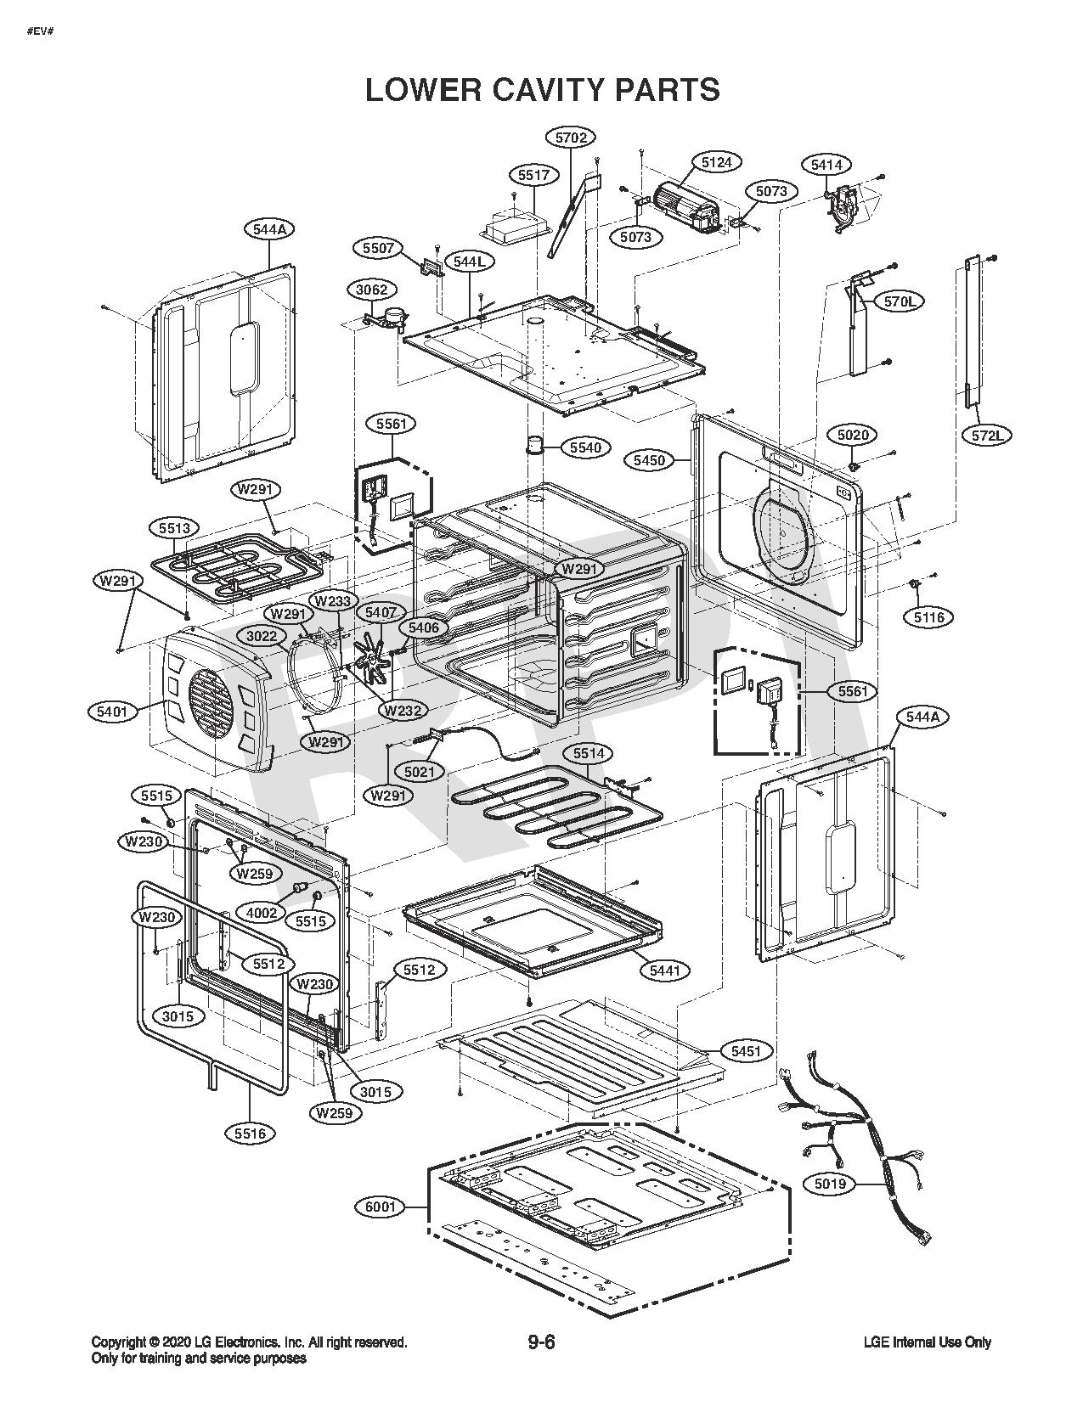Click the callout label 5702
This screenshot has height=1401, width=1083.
(x=570, y=137)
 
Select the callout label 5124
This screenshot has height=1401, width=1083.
(x=717, y=162)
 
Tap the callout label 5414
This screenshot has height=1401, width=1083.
(x=827, y=165)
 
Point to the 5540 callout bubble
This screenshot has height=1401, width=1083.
(x=586, y=447)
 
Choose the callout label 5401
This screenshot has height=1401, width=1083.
(x=112, y=712)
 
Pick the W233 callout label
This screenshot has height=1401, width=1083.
(x=333, y=601)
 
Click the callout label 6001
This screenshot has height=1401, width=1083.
(x=380, y=1207)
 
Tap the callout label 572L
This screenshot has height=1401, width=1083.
(x=988, y=436)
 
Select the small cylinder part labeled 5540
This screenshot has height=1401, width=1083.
(x=535, y=445)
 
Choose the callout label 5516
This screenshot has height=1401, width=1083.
(x=251, y=1133)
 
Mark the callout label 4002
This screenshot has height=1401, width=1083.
(x=262, y=912)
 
